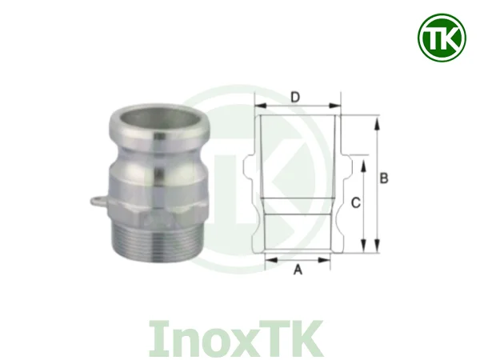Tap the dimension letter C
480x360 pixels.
coord(356,203)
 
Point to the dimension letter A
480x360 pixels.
coord(298,271)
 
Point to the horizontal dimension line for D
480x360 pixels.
coord(298,106)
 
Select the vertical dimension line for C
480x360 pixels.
coord(365,204)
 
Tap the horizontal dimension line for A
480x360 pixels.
coord(298,260)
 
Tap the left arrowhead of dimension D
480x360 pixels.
coord(260,106)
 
